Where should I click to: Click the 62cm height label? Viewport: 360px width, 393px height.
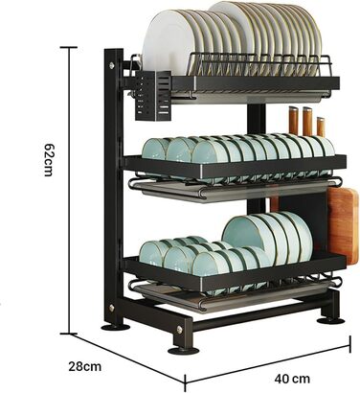pyautogui.click(x=50, y=160)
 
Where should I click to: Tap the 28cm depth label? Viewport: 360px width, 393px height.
pyautogui.click(x=85, y=366)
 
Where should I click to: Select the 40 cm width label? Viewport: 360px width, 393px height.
pyautogui.click(x=292, y=379)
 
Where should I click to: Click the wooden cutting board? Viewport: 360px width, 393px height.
pyautogui.click(x=343, y=225)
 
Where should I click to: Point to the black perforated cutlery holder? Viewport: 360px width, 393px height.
pyautogui.click(x=154, y=95)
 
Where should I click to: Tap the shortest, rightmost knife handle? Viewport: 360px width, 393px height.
pyautogui.click(x=321, y=127)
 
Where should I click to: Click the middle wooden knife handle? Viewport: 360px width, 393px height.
pyautogui.click(x=307, y=121)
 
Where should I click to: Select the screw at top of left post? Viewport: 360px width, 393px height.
pyautogui.click(x=111, y=65)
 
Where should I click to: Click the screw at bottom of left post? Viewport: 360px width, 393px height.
pyautogui.click(x=111, y=308)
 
